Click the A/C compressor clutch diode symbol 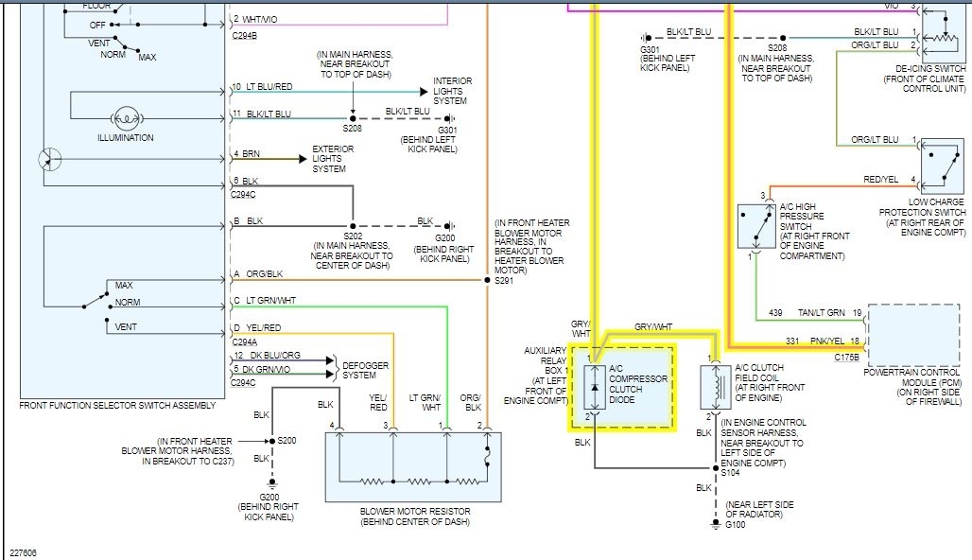[x=595, y=387]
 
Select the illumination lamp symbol [x=126, y=120]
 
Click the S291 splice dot [x=487, y=281]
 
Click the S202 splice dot [x=353, y=227]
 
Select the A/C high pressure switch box [x=755, y=226]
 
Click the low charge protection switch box [x=942, y=166]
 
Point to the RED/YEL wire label [x=880, y=180]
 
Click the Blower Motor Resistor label [x=414, y=516]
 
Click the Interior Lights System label [x=453, y=91]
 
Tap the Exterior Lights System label [x=333, y=159]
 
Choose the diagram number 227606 [x=25, y=552]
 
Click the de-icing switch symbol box [x=943, y=35]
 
